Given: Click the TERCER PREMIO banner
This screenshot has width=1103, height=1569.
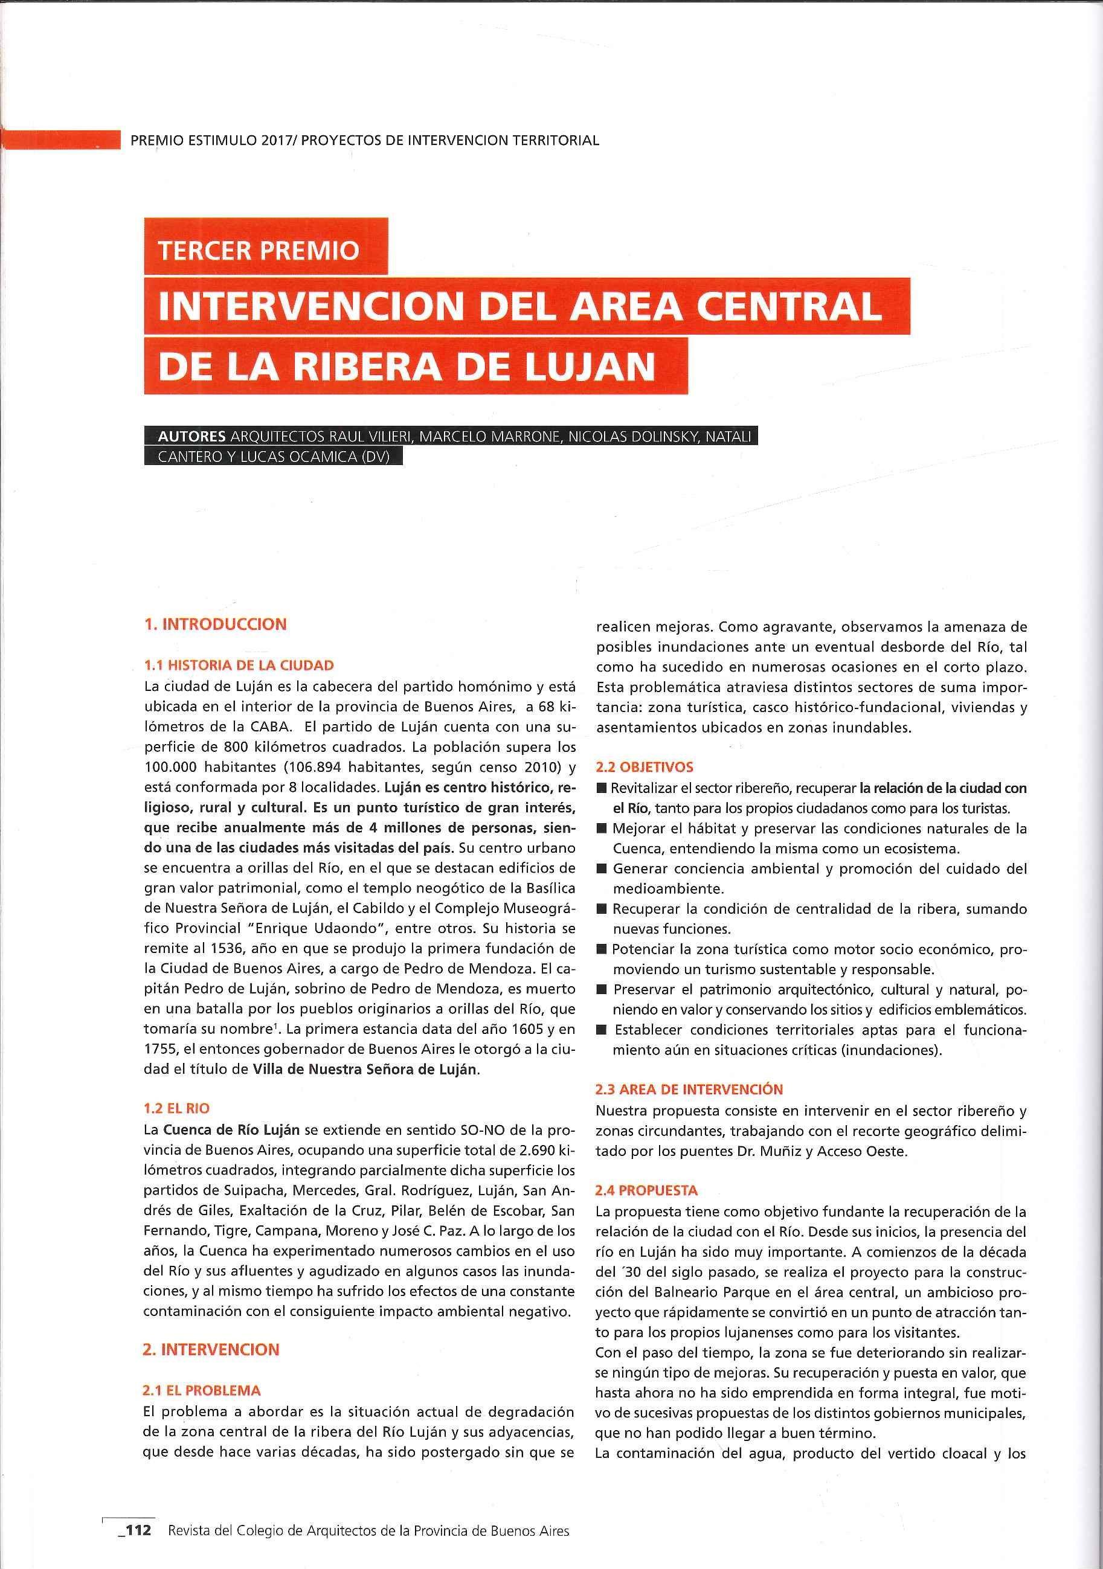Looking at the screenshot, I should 259,250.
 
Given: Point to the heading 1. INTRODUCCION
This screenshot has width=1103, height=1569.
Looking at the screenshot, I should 214,624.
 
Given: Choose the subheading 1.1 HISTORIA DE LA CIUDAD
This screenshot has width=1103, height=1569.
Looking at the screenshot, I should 238,664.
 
